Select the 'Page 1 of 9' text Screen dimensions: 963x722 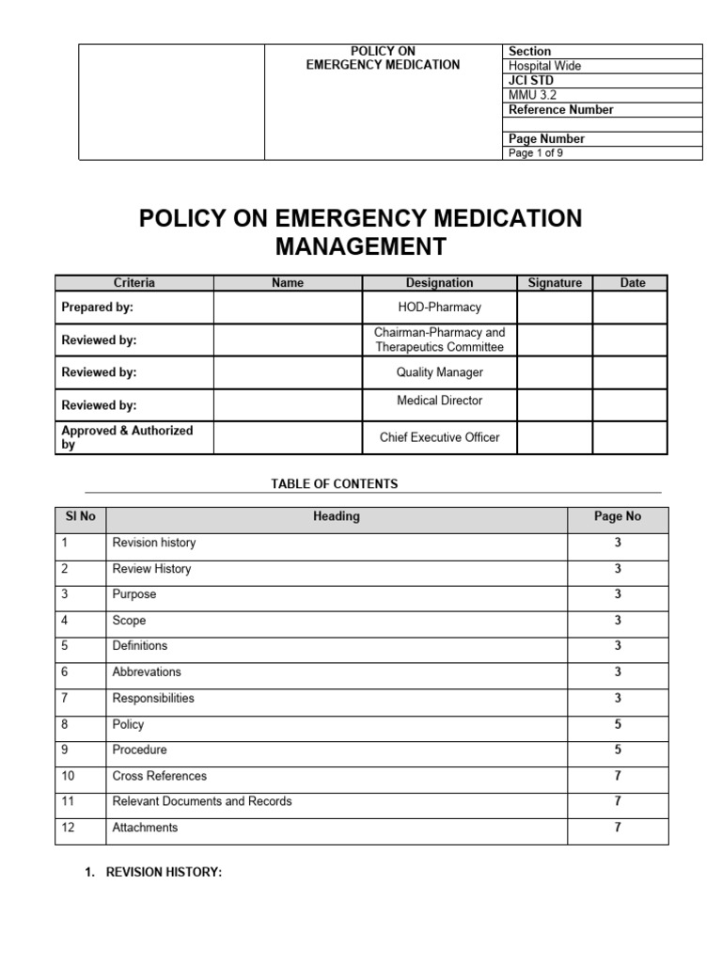point(536,153)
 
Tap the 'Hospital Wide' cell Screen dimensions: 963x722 point(545,66)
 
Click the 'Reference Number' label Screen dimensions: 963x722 point(560,110)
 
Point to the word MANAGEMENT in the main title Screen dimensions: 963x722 point(360,247)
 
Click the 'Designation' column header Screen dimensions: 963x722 point(439,283)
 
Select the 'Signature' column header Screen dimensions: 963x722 point(555,283)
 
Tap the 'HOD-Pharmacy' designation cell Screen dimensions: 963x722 point(439,308)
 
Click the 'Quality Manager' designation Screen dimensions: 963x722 point(439,372)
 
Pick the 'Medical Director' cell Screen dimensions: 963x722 point(439,401)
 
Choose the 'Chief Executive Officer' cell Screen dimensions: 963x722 point(439,437)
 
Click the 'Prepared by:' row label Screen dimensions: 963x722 point(98,308)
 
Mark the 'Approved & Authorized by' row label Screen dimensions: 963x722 point(127,437)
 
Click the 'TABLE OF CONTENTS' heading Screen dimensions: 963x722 point(335,484)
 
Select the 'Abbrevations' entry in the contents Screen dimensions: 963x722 point(147,672)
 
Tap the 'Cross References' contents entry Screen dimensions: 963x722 point(160,776)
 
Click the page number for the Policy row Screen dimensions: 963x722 point(618,725)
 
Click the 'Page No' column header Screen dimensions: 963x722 point(618,516)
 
